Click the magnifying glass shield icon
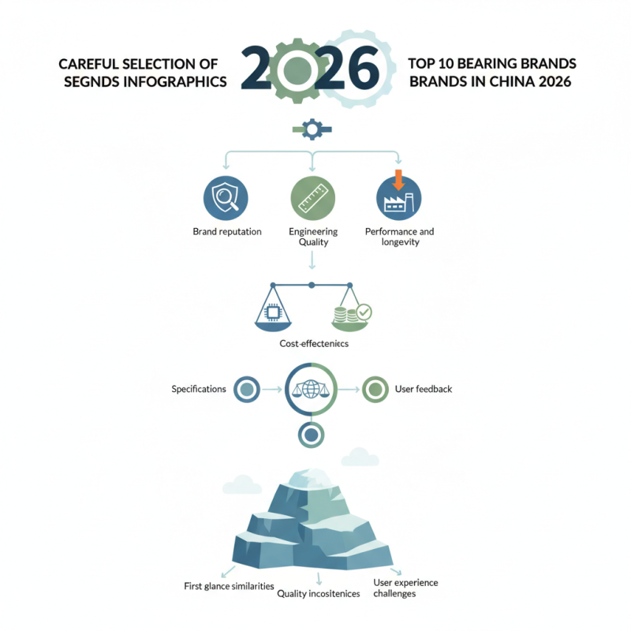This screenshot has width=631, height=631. pyautogui.click(x=226, y=197)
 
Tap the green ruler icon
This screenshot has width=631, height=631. pyautogui.click(x=312, y=197)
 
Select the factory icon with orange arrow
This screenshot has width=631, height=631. pyautogui.click(x=398, y=197)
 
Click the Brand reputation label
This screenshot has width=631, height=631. pyautogui.click(x=227, y=232)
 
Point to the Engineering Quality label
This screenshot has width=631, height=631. pyautogui.click(x=312, y=237)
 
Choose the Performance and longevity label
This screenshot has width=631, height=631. pyautogui.click(x=399, y=237)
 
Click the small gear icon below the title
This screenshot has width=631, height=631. pyautogui.click(x=312, y=129)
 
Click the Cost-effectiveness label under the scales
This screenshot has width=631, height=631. pyautogui.click(x=314, y=344)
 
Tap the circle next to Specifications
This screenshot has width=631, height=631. pyautogui.click(x=247, y=389)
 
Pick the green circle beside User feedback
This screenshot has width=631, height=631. pyautogui.click(x=375, y=389)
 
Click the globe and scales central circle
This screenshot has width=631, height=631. pyautogui.click(x=311, y=389)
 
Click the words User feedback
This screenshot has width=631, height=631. pyautogui.click(x=423, y=389)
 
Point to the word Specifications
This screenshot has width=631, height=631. pyautogui.click(x=199, y=389)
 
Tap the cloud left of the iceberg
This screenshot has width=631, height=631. pyautogui.click(x=242, y=483)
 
